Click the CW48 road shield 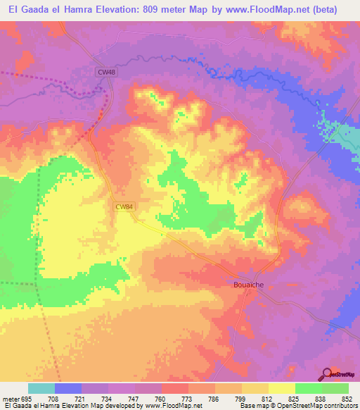pyautogui.click(x=105, y=71)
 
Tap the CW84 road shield pyautogui.click(x=124, y=206)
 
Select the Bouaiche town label pyautogui.click(x=247, y=285)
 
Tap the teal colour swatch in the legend pyautogui.click(x=41, y=388)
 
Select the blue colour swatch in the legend pyautogui.click(x=68, y=388)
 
